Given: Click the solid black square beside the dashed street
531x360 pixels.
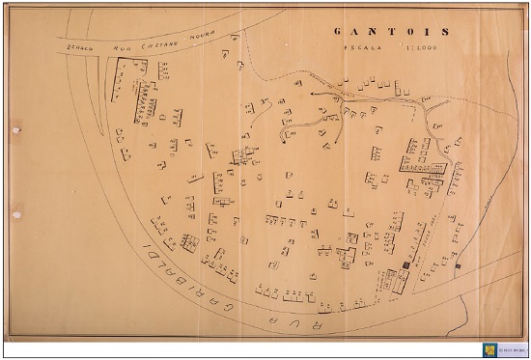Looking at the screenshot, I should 403,262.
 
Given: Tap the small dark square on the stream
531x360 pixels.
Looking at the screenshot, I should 458,263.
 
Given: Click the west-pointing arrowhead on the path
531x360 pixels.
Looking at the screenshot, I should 313,94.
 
